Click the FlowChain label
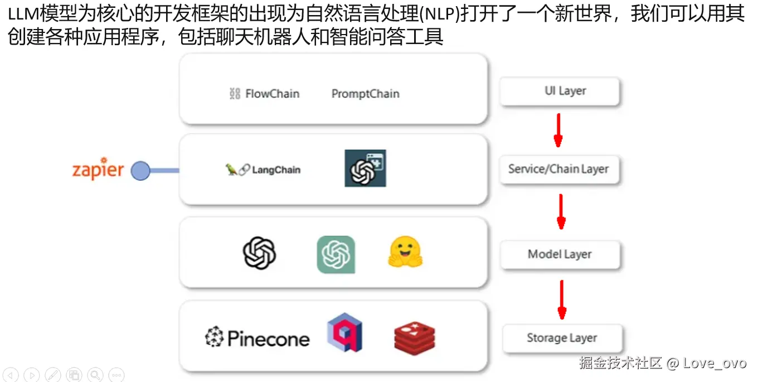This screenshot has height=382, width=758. [x=265, y=94]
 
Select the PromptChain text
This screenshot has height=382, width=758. [x=365, y=94]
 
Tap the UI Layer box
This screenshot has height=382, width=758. [x=560, y=91]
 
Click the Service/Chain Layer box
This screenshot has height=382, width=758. [x=558, y=170]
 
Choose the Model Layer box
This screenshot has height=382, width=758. [x=560, y=254]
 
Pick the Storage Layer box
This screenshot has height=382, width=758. [x=562, y=338]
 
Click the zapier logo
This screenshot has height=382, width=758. [x=98, y=170]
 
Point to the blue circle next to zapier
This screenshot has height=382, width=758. [x=140, y=171]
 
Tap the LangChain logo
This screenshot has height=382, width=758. [x=263, y=170]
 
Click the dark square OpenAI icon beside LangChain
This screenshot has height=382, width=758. [x=365, y=168]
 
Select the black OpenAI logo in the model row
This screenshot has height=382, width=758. [x=260, y=253]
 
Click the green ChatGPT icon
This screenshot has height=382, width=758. [x=336, y=254]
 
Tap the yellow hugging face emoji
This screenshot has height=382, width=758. [x=405, y=253]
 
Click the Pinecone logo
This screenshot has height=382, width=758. [x=257, y=338]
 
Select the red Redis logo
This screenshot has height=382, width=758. [x=414, y=337]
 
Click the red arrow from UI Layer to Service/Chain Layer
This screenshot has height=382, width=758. [x=558, y=130]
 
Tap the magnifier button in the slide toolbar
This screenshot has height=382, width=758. [x=95, y=375]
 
